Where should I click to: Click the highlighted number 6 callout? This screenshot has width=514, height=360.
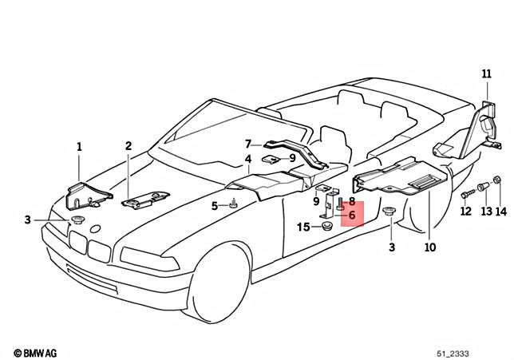tap(351, 215)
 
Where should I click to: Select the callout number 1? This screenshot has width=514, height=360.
tap(79, 146)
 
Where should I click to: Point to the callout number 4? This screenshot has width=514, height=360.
tap(248, 160)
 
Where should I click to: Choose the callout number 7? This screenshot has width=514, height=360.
tap(248, 144)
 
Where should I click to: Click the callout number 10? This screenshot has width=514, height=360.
tap(430, 247)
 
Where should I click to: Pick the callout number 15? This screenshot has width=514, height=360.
tap(303, 227)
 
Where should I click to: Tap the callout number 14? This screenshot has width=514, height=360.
tap(500, 212)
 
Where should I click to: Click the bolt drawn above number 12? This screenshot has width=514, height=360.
tap(465, 193)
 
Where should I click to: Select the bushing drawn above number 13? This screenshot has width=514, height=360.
tap(482, 188)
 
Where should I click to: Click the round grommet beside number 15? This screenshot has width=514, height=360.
tap(326, 228)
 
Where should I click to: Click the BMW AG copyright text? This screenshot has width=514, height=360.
tap(40, 351)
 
